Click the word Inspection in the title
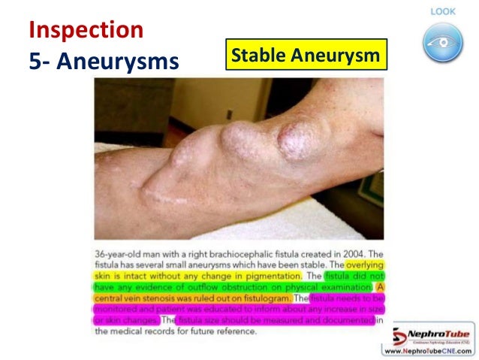[85, 30]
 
